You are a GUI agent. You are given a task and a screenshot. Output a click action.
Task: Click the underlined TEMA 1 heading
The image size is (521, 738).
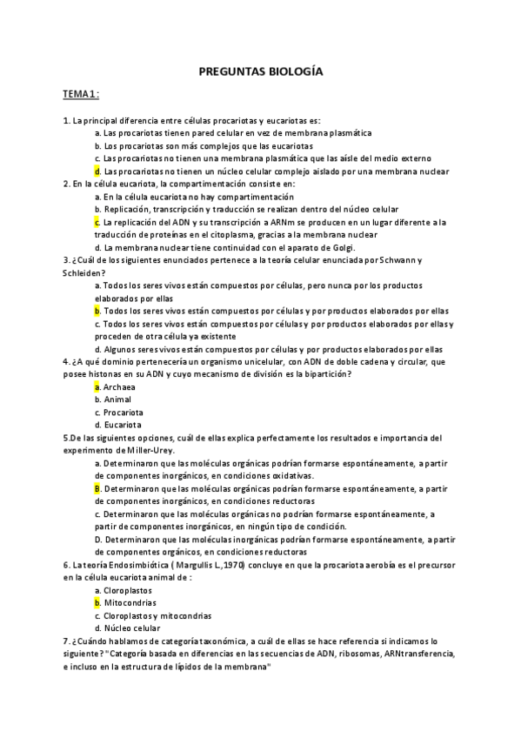pos(81,93)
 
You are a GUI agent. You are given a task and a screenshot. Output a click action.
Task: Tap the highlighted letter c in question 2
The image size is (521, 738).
pos(97,222)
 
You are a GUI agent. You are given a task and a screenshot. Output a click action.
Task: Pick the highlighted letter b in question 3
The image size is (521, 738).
pos(97,311)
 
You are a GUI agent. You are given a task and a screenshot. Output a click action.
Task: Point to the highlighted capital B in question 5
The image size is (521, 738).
pos(97,489)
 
